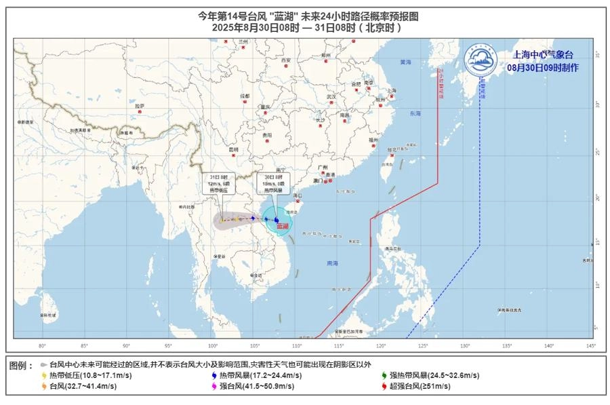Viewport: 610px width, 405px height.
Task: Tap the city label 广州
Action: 323,167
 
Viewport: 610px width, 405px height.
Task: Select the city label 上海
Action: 391,90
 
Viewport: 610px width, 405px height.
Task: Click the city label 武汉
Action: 331,97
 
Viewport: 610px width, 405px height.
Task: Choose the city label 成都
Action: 245,96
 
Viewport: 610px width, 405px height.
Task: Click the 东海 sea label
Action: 415,113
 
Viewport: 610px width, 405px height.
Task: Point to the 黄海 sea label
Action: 405,62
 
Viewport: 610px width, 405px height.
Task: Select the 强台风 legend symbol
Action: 213,386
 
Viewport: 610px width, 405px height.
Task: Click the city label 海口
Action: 296,195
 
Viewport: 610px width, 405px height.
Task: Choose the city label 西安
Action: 287,60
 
